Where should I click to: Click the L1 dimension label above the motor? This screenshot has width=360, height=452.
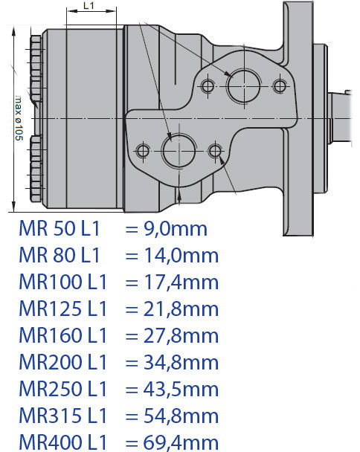click(x=89, y=5)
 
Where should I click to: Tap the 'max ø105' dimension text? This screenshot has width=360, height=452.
click(x=19, y=117)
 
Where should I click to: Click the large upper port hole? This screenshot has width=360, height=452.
click(x=244, y=85)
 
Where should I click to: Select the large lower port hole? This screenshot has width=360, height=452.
click(x=179, y=150)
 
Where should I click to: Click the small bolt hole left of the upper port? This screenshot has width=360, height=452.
click(x=207, y=86)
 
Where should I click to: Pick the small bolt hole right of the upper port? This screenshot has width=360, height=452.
click(x=280, y=85)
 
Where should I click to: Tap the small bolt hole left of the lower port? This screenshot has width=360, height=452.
click(x=142, y=151)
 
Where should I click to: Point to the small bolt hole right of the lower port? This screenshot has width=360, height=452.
click(x=215, y=150)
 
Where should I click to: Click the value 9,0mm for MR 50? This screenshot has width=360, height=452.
click(x=176, y=229)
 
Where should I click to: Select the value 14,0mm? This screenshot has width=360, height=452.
click(x=181, y=256)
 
